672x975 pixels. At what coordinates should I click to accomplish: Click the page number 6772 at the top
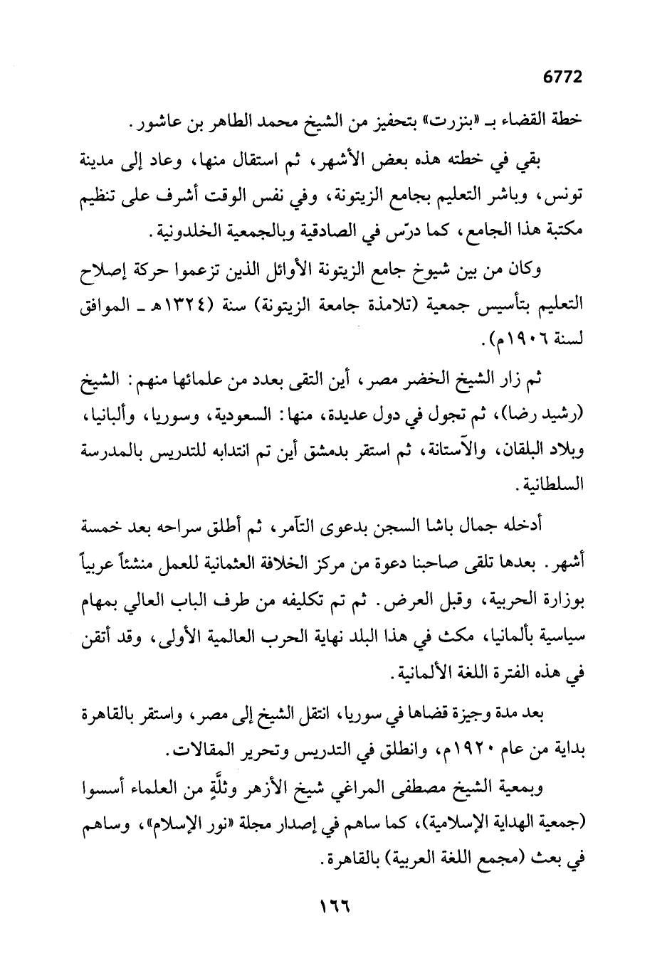(562, 78)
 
